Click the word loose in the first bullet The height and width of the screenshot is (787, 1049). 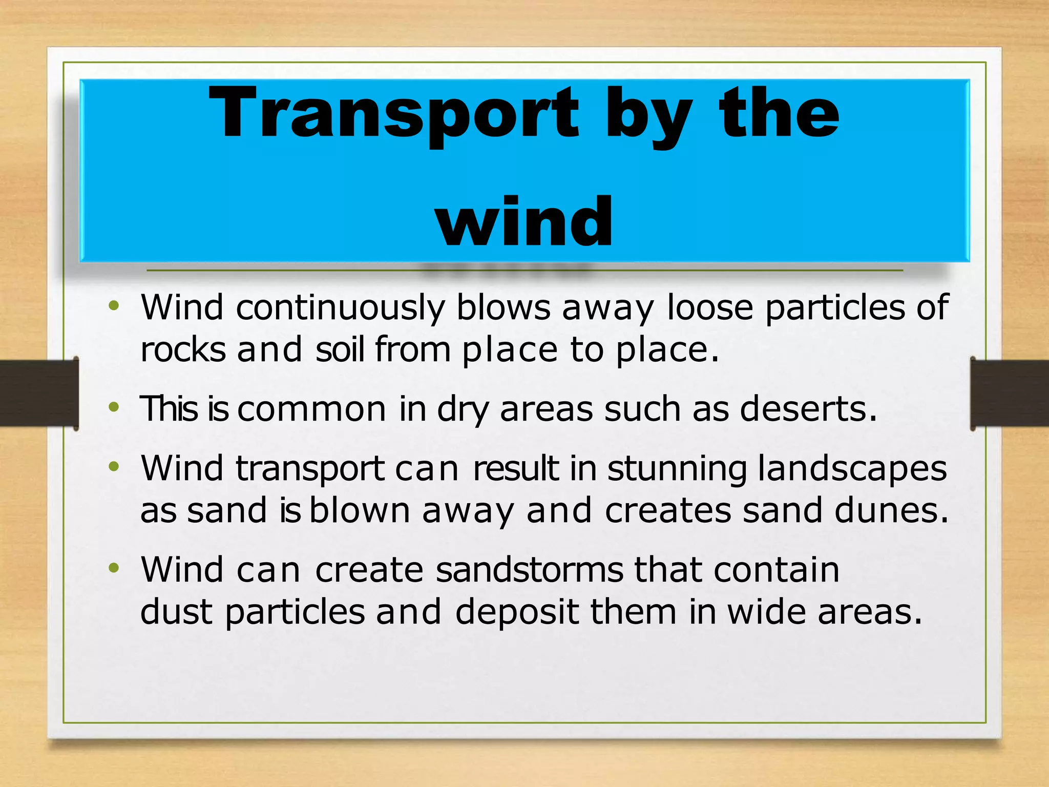click(x=710, y=307)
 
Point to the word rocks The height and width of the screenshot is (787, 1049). click(x=183, y=350)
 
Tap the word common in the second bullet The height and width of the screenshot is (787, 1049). click(x=311, y=409)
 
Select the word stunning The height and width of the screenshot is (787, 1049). click(x=677, y=469)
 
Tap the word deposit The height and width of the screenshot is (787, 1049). click(x=517, y=613)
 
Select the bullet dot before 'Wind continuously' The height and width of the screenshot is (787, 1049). click(x=114, y=307)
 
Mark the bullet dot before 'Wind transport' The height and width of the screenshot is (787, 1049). click(x=114, y=467)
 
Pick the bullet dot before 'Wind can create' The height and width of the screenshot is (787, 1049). click(x=114, y=568)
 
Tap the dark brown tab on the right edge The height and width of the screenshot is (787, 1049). click(x=1010, y=393)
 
